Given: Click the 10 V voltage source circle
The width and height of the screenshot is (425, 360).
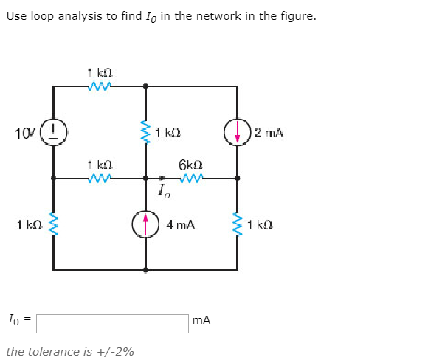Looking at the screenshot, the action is click(53, 132).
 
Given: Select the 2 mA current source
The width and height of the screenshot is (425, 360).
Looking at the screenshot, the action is click(237, 132).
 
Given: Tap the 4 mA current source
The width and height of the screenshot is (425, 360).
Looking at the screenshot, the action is click(145, 224).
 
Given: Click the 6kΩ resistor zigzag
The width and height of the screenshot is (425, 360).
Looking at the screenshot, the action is click(191, 178).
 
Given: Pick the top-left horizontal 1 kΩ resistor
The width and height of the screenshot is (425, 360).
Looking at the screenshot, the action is click(99, 86).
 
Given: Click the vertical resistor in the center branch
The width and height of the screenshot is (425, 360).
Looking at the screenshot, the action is click(145, 132).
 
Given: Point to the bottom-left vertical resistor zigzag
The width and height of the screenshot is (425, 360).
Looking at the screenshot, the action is click(53, 224).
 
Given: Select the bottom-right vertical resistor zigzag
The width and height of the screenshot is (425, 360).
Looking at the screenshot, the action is click(237, 224).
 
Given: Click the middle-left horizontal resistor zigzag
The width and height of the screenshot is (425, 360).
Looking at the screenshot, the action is click(99, 178).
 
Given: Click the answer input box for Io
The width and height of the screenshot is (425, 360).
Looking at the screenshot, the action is click(112, 324).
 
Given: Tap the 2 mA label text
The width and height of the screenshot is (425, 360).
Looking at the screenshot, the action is click(269, 133).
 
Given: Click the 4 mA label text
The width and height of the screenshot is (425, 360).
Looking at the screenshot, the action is click(181, 225).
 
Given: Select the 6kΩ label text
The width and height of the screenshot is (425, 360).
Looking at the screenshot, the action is click(190, 165).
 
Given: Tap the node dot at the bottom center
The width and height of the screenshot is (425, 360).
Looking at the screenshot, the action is click(145, 270).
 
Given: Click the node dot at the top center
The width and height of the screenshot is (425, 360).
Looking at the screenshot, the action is click(145, 86).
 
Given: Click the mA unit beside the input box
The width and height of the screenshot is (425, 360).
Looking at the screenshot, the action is click(201, 320).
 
